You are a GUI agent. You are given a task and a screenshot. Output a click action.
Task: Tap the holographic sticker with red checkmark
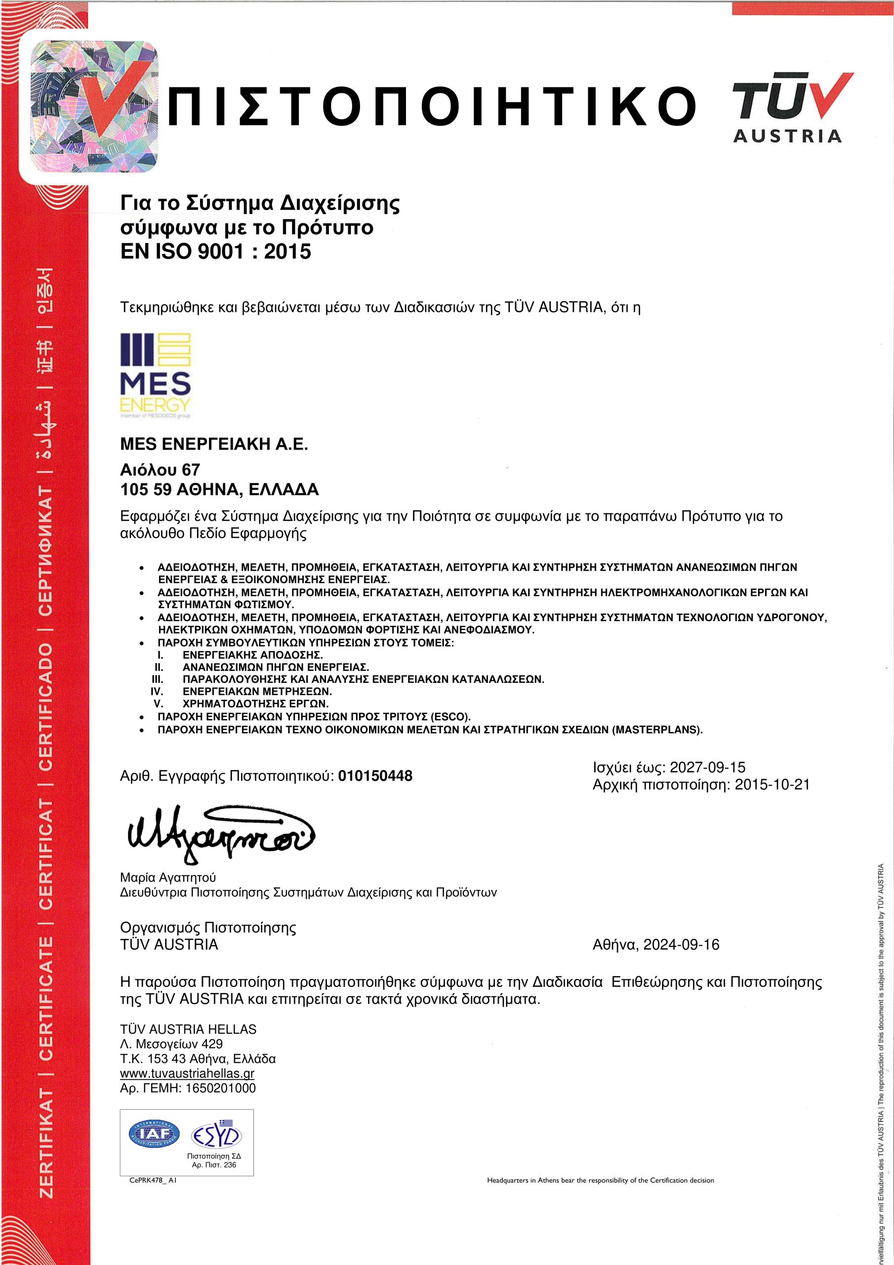click(94, 106)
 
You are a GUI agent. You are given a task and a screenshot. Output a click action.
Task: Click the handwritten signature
click(220, 833)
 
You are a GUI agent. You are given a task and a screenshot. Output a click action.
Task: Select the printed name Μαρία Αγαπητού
click(167, 878)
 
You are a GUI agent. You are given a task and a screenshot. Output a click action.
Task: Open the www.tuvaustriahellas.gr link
click(187, 1073)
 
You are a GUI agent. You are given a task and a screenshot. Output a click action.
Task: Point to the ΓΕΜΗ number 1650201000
click(220, 1088)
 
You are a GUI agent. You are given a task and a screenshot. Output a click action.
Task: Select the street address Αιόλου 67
click(160, 469)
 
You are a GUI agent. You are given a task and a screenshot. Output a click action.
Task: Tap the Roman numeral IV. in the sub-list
click(157, 691)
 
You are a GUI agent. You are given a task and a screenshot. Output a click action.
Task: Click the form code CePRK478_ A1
click(153, 1181)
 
